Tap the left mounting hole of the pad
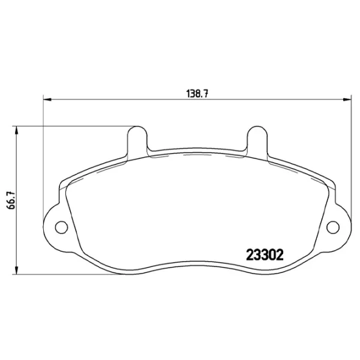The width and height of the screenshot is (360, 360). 60,226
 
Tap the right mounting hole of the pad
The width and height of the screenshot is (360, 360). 333,226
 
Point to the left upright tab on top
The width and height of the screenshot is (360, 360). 137,139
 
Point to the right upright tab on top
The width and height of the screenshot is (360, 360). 256,139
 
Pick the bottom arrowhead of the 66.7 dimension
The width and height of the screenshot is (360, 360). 16,269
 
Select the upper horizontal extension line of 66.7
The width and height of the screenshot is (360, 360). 72,126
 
